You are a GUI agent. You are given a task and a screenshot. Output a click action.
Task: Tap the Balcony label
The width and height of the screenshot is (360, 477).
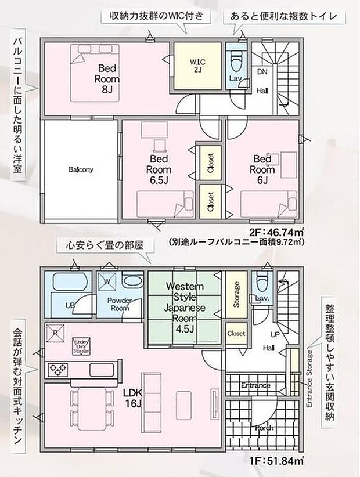[x=81, y=169]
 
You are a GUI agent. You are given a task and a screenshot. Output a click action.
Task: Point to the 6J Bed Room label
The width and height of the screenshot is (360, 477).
[x=262, y=169]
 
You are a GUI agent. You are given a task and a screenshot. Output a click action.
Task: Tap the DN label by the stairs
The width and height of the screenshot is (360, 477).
[x=261, y=70]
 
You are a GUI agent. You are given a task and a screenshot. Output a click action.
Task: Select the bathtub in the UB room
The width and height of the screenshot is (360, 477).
[x=70, y=283]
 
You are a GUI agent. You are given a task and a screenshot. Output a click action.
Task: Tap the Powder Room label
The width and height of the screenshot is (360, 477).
[x=120, y=304]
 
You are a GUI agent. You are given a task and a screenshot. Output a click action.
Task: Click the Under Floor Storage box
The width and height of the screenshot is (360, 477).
[x=81, y=346]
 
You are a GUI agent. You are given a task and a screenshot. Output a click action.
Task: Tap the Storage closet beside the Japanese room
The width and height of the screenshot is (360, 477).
[x=236, y=295]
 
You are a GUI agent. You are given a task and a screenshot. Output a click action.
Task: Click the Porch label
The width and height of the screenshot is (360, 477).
[x=263, y=428]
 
